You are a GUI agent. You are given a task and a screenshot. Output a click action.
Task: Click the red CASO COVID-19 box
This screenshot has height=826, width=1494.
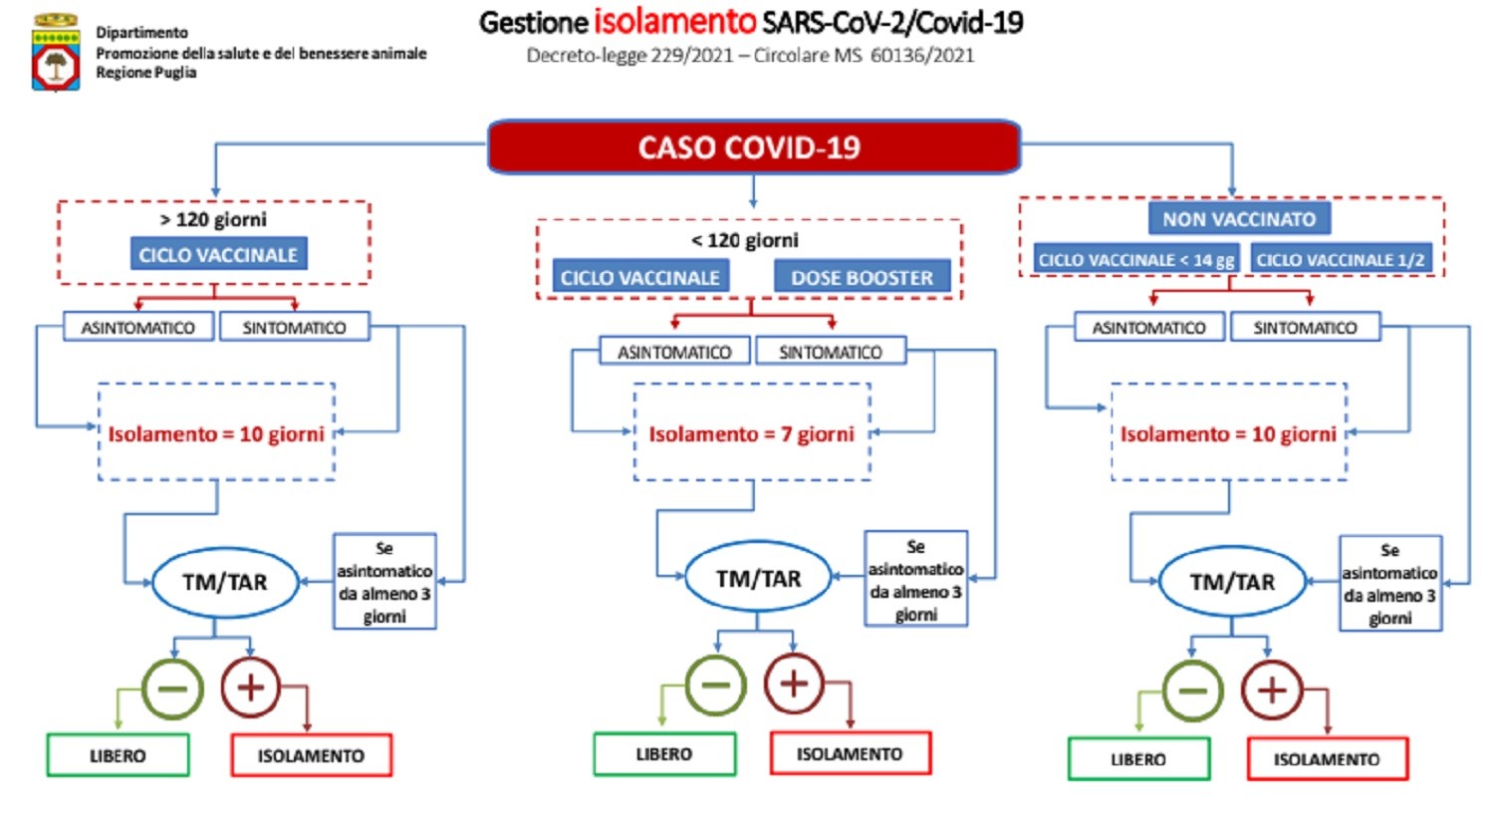[x=753, y=147]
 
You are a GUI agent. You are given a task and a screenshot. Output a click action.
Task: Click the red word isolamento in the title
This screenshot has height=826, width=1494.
[x=674, y=21]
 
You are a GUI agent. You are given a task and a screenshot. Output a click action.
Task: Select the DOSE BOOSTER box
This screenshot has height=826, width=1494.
[x=862, y=277]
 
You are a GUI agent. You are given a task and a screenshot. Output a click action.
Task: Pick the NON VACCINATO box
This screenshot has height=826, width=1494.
[x=1238, y=218]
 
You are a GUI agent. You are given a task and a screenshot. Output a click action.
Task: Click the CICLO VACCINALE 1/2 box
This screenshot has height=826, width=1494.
[x=1340, y=259]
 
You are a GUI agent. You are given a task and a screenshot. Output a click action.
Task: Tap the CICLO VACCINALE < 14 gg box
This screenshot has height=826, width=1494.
[x=1135, y=259]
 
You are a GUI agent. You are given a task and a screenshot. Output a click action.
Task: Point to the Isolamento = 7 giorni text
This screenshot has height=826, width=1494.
[x=751, y=434]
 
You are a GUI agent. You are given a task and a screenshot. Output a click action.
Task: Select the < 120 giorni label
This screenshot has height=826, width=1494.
[x=745, y=240]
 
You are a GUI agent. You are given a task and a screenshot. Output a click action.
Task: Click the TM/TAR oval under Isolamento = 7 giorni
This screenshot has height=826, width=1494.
[x=758, y=579]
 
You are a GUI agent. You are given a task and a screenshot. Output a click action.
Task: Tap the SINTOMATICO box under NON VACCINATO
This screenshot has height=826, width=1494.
[x=1305, y=327]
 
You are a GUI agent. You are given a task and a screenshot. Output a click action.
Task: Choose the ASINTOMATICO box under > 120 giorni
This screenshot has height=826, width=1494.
[x=138, y=327]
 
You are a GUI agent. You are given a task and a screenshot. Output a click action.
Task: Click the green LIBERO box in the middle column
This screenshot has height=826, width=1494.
[x=664, y=754]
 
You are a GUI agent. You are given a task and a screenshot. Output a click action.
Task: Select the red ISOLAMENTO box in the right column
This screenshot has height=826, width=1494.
[x=1327, y=759]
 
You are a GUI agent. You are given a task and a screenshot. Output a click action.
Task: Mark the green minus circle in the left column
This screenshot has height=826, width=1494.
[x=172, y=688]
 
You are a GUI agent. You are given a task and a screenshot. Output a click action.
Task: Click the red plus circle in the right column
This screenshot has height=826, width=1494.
[x=1271, y=689]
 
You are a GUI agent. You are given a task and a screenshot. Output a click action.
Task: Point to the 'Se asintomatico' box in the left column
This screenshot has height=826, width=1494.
[x=384, y=582]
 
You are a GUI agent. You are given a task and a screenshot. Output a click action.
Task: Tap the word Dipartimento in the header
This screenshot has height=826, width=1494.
[x=141, y=32]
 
